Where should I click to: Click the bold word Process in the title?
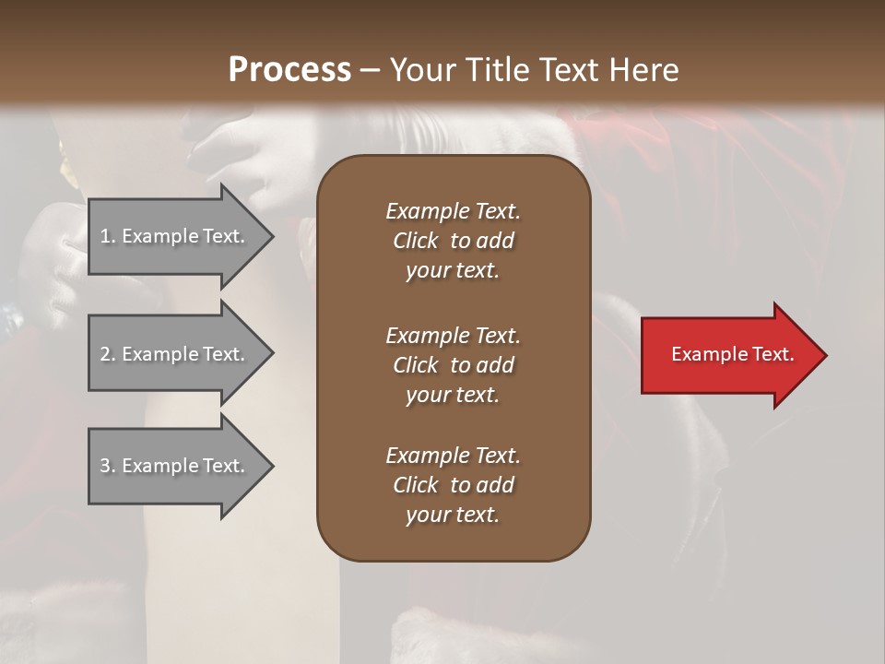tap(289, 70)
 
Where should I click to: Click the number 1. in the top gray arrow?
tap(108, 236)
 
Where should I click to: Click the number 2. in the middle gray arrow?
tap(108, 354)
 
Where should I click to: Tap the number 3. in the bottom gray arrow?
tap(108, 466)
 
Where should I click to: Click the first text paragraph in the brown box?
tap(453, 241)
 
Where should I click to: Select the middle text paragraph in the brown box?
tap(453, 365)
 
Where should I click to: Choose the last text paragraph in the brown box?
tap(453, 485)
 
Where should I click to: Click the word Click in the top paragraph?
tap(415, 241)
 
